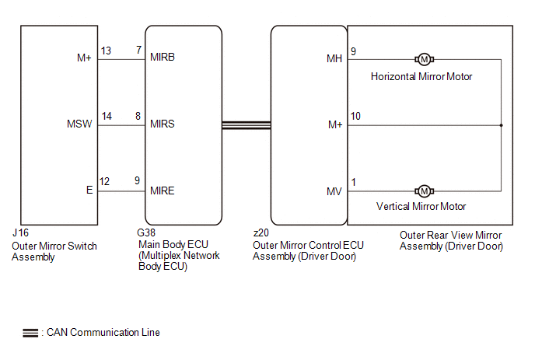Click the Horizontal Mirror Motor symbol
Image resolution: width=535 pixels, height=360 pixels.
[x=425, y=60]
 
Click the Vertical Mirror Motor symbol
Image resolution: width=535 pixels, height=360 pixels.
[x=425, y=190]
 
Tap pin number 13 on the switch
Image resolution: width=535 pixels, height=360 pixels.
[x=106, y=51]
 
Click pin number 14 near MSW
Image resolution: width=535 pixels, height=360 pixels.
[x=106, y=117]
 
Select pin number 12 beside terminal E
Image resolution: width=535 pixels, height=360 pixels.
[x=104, y=182]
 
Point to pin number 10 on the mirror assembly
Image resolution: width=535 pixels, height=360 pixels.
[x=356, y=117]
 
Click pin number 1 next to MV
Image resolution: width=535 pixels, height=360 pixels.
[x=354, y=182]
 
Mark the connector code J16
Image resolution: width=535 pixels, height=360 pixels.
[x=19, y=233]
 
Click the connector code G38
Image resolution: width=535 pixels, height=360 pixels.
[x=145, y=233]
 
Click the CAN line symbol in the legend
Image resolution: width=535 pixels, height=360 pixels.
[x=31, y=333]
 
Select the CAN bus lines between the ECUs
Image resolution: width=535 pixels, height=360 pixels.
[x=246, y=124]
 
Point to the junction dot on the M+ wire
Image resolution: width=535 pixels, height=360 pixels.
[x=501, y=125]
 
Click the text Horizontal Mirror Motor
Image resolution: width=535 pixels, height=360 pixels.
[x=421, y=76]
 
